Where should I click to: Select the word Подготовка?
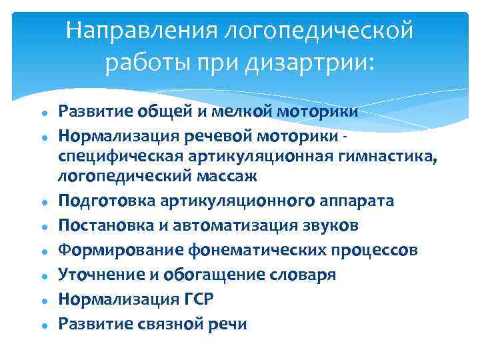[x=102, y=201]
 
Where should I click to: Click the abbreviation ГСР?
[x=198, y=299]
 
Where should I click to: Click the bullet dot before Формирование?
[x=42, y=252]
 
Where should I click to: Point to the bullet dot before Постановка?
[x=42, y=227]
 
